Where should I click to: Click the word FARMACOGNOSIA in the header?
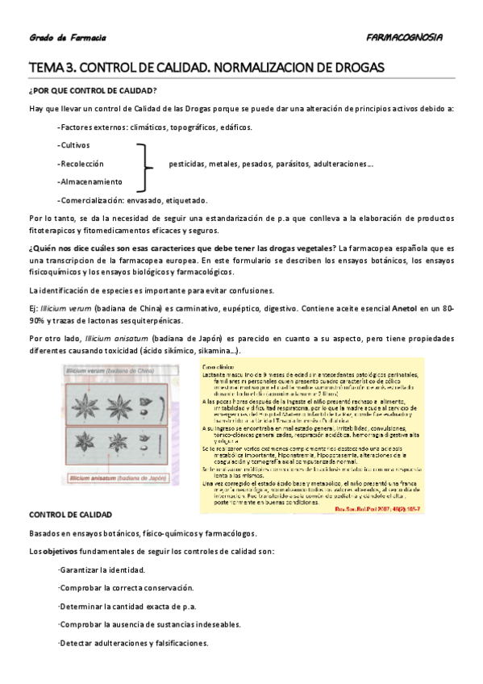pos(403,37)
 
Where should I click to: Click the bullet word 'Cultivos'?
pos(75,145)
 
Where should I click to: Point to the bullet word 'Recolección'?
pos(81,163)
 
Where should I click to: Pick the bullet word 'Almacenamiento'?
pos(90,181)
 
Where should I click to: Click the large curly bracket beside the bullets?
pos(145,165)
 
